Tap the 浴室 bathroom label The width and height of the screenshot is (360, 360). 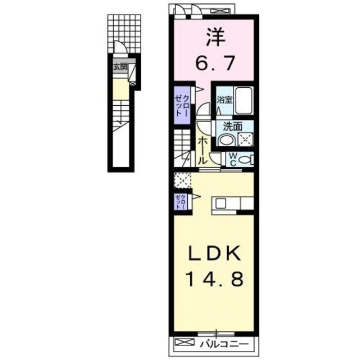point(225,101)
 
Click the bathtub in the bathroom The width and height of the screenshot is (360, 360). point(243,101)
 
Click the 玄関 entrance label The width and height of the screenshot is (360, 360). point(120,66)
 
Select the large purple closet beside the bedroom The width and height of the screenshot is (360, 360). point(181,104)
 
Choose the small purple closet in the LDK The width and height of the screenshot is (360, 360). point(179,201)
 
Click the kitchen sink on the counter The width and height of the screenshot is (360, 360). point(220,203)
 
